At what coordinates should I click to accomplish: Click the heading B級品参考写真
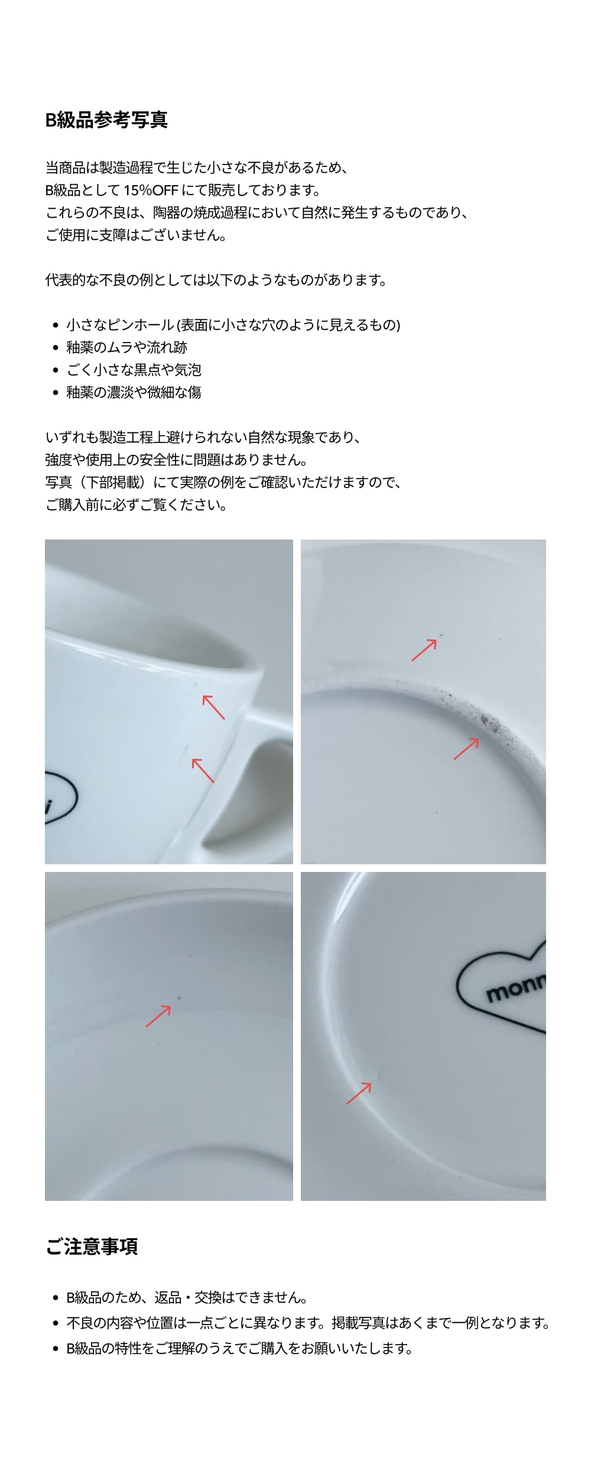pyautogui.click(x=106, y=120)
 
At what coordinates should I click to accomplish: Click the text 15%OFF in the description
pyautogui.click(x=151, y=190)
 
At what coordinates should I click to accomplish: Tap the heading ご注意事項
pyautogui.click(x=92, y=1247)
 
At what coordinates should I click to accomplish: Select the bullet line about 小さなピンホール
pyautogui.click(x=233, y=325)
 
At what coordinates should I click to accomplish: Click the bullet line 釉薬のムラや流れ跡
pyautogui.click(x=126, y=347)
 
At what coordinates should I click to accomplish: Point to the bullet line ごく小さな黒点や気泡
pyautogui.click(x=134, y=370)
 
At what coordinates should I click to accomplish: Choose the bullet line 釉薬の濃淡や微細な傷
pyautogui.click(x=134, y=392)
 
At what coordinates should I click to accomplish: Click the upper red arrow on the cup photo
pyautogui.click(x=213, y=707)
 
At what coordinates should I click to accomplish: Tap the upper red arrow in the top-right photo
pyautogui.click(x=424, y=650)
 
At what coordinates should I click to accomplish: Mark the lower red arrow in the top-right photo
pyautogui.click(x=466, y=748)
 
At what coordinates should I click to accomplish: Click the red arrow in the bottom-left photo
pyautogui.click(x=158, y=1016)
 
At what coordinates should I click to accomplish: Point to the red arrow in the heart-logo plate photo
pyautogui.click(x=359, y=1093)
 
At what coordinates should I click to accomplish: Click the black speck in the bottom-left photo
pyautogui.click(x=179, y=998)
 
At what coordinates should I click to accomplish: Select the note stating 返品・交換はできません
pyautogui.click(x=187, y=1298)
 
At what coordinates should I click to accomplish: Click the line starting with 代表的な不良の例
pyautogui.click(x=216, y=280)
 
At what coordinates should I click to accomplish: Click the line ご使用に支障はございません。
pyautogui.click(x=136, y=235)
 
